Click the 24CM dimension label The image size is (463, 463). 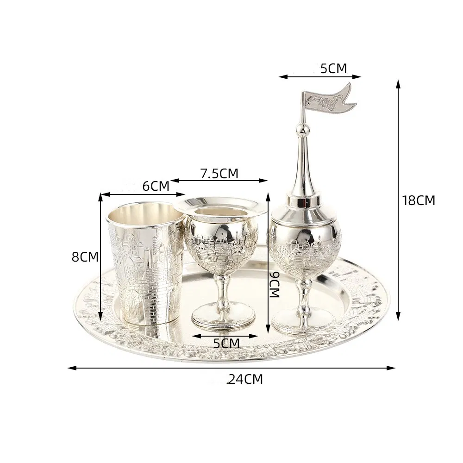tap(246, 379)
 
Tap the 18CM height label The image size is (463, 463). tap(419, 200)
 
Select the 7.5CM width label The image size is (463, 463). tap(219, 174)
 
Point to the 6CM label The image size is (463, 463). tap(156, 186)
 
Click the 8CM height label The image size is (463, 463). tap(85, 257)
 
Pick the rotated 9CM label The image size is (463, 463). tap(275, 285)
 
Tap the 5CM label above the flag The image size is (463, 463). tap(334, 69)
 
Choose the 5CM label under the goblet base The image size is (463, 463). tap(226, 343)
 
